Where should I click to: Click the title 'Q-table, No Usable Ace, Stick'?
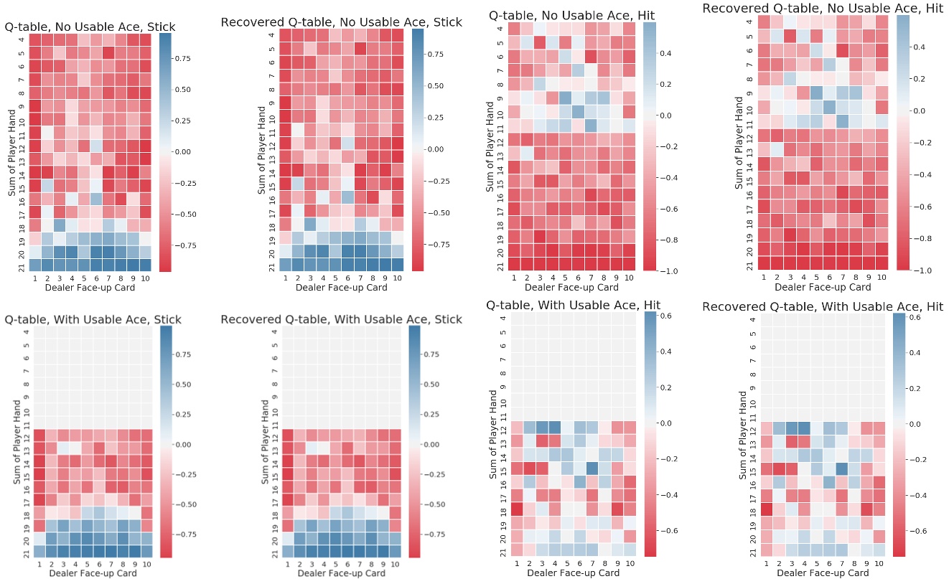pos(90,27)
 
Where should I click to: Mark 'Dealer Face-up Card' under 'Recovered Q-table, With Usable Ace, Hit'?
pos(824,573)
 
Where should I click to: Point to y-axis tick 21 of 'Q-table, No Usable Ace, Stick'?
pos(22,268)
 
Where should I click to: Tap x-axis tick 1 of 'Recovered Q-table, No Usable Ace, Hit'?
pos(764,277)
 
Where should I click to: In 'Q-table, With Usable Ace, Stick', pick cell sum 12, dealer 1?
pos(39,435)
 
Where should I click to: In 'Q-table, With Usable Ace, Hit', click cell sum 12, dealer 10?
pos(630,428)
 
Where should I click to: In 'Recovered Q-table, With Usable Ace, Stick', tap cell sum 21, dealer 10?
pos(396,551)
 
